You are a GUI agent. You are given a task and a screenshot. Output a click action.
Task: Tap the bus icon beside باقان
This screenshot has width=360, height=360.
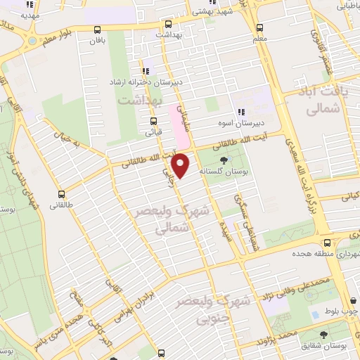tap(97, 30)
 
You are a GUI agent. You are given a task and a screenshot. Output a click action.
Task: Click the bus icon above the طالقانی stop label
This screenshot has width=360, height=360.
tap(61, 194)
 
